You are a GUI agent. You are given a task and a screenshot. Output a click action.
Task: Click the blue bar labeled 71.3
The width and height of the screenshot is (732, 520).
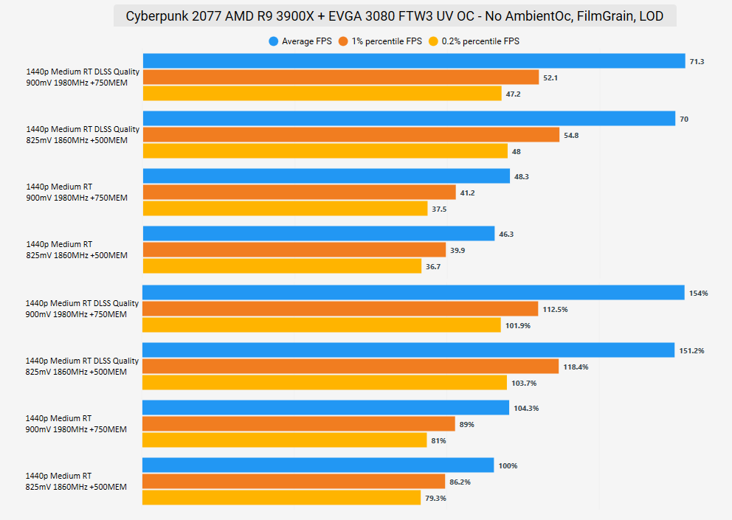413,61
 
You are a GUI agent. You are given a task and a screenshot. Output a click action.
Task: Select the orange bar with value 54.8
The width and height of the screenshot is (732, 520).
351,135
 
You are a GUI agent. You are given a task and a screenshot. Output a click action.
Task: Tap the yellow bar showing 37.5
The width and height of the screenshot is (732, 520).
284,209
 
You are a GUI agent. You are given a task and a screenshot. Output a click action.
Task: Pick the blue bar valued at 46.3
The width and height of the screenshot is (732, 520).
318,234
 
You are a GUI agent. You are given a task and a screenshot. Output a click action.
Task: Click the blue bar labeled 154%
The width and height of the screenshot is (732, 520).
413,293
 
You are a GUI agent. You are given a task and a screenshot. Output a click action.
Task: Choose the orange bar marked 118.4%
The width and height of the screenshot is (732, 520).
350,367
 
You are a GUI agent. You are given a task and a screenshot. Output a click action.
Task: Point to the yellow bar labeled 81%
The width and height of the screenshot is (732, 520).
284,440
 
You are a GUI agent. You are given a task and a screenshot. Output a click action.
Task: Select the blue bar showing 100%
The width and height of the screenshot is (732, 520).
317,465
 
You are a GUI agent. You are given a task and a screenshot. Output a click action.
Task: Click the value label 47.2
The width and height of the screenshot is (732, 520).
514,94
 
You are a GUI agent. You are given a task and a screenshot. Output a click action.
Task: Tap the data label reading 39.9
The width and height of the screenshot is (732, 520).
457,251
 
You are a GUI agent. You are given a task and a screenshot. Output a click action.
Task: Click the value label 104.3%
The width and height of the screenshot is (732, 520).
527,409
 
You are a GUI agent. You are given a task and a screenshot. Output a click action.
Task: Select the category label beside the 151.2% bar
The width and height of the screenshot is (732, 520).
82,366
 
